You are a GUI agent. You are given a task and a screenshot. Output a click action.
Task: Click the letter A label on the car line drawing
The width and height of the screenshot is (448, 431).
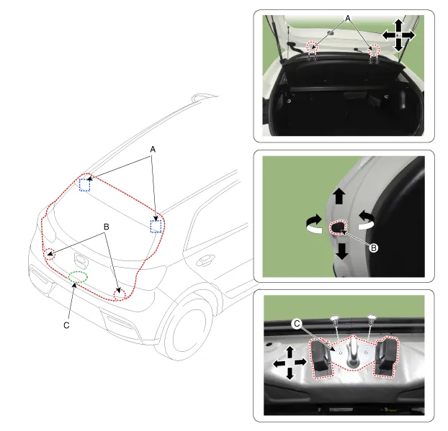[x=153, y=149]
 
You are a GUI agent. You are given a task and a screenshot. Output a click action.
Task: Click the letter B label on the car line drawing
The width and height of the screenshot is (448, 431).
[x=107, y=227]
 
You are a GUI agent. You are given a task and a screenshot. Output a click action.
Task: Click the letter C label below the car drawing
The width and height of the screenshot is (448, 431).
[x=66, y=325]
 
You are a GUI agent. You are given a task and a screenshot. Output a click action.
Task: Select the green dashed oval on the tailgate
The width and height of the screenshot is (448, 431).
[x=78, y=277]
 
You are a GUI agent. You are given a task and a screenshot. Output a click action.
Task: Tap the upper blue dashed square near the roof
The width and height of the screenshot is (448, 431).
[x=84, y=185]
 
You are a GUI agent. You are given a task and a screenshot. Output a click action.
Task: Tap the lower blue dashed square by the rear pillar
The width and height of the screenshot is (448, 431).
[x=156, y=226]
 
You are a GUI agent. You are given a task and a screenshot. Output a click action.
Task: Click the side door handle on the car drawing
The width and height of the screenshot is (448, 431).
[x=205, y=260]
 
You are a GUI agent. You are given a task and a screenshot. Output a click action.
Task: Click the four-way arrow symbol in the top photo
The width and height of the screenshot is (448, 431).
[x=398, y=35]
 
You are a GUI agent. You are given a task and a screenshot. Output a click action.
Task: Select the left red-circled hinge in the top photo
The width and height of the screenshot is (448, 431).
[x=312, y=47]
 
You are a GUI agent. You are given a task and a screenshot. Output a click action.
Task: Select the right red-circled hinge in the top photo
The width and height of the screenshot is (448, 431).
[x=374, y=50]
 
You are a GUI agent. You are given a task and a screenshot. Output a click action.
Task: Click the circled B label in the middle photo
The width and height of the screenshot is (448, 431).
[x=373, y=248]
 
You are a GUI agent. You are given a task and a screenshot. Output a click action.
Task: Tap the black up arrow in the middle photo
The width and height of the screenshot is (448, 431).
[x=339, y=196]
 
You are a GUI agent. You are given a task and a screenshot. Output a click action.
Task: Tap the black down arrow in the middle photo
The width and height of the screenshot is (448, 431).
[x=341, y=251]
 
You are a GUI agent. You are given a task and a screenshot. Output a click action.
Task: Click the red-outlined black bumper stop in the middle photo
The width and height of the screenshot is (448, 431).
[x=338, y=227]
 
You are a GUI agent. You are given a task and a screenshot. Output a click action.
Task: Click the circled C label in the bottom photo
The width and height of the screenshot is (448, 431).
[x=297, y=324]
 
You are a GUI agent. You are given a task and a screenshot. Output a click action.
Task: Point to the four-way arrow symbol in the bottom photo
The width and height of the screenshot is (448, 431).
[x=290, y=363]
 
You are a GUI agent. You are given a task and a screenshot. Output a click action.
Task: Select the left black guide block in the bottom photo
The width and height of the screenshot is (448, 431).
[x=321, y=358]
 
